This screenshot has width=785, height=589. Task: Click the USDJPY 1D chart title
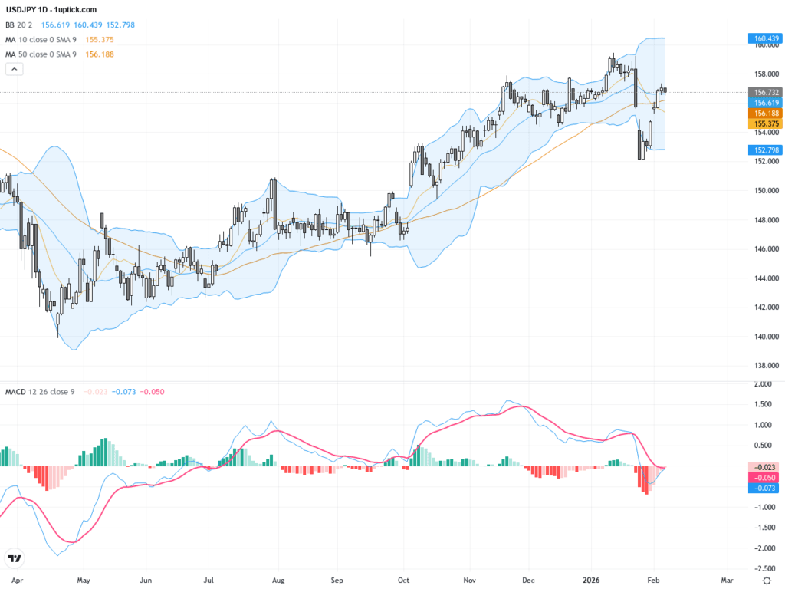[x=51, y=9]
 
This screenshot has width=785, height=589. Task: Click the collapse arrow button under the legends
[x=15, y=69]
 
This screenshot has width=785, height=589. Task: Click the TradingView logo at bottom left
[x=13, y=558]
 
